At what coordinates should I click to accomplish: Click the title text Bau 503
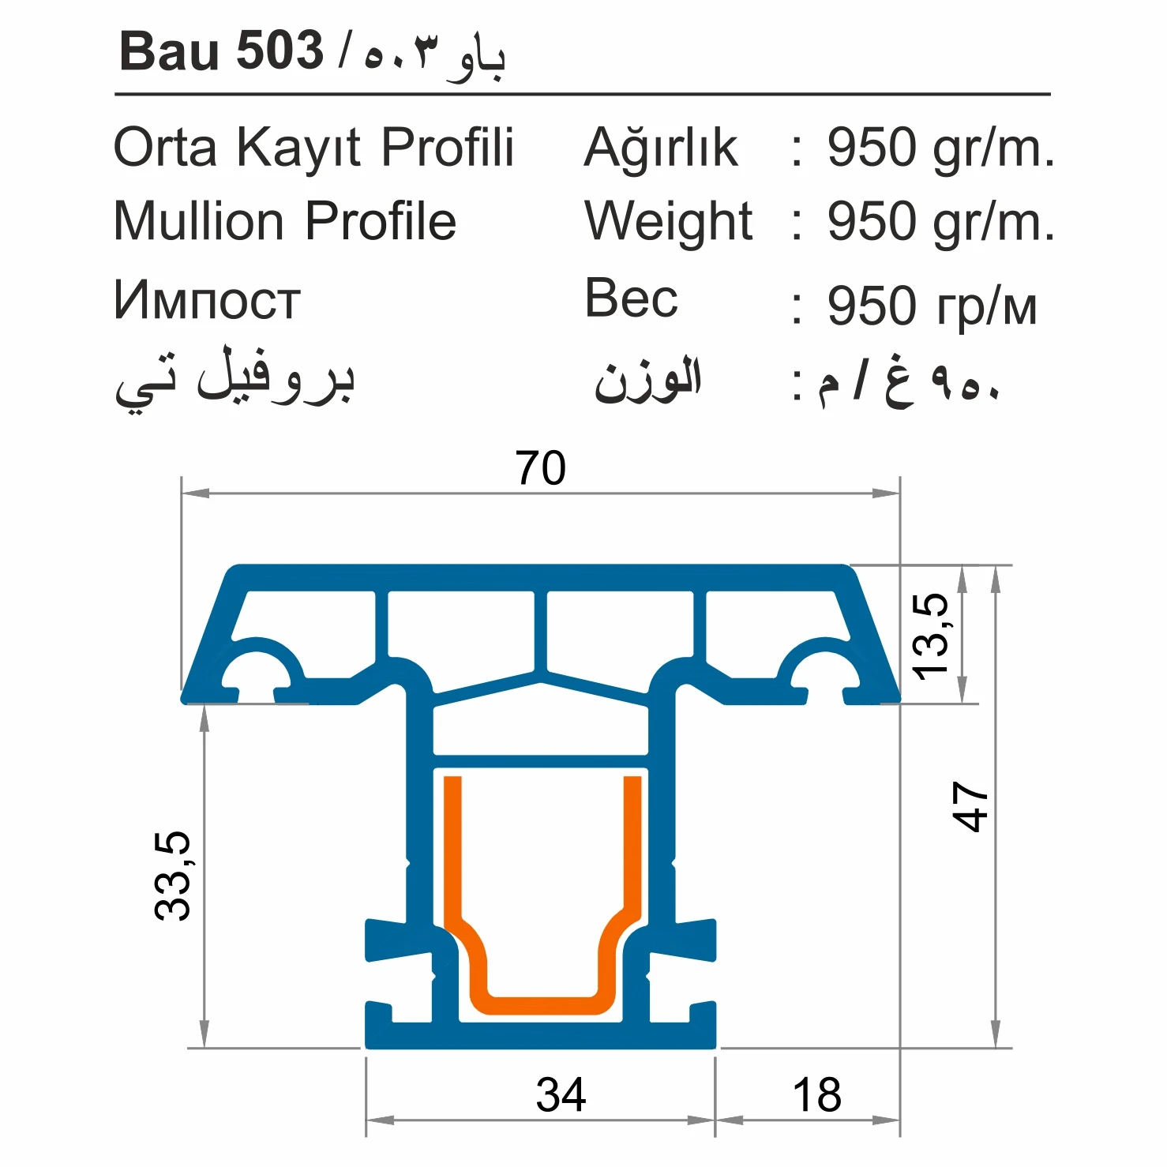point(221,51)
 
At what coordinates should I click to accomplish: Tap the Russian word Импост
point(207,301)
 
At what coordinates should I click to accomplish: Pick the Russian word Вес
point(631,298)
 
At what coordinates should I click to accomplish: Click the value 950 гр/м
point(932,306)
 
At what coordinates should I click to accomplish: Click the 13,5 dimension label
point(930,636)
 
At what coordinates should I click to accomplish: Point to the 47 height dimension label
point(970,806)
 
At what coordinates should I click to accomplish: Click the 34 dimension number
point(561,1094)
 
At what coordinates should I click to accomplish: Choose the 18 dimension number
point(816,1094)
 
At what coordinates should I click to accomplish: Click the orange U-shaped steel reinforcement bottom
point(542,1005)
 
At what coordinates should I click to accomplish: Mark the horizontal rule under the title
point(582,95)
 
